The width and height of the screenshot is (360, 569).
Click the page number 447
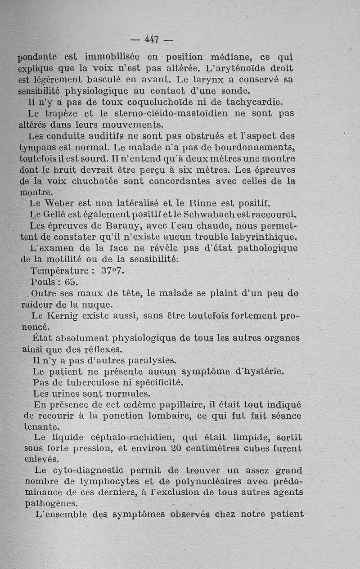pyautogui.click(x=152, y=39)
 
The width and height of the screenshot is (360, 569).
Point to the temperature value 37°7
pyautogui.click(x=113, y=271)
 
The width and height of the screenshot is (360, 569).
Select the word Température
pyautogui.click(x=59, y=271)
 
